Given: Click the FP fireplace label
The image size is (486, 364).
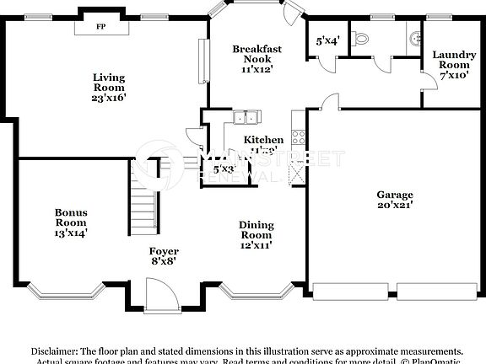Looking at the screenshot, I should click(x=100, y=27).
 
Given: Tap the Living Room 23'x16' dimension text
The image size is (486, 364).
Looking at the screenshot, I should click(x=109, y=97).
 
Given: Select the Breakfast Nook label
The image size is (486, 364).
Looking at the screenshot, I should click(x=256, y=54).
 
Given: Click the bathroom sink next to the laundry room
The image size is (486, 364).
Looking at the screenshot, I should click(x=414, y=38).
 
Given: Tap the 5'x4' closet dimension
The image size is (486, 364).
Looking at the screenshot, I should click(x=327, y=40).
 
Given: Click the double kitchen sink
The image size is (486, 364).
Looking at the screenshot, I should click(x=245, y=118).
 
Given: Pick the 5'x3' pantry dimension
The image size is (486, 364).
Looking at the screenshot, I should click(x=224, y=169).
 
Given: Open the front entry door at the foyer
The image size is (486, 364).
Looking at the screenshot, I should click(x=159, y=295).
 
